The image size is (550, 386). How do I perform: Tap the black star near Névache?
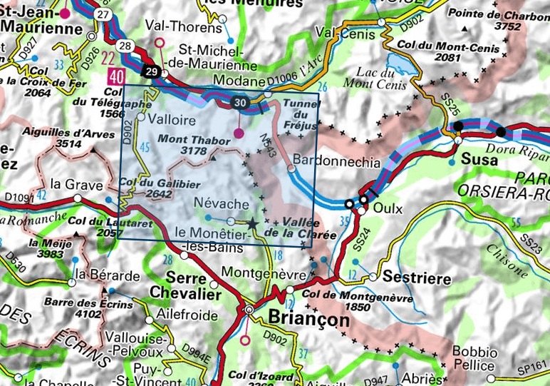(x=252, y=223)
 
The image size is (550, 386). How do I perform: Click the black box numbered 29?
(x=151, y=71)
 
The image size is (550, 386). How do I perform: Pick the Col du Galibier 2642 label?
(x=146, y=188)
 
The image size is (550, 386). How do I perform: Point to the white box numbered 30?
(x=242, y=103)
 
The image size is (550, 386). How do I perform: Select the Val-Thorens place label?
(x=183, y=28)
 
